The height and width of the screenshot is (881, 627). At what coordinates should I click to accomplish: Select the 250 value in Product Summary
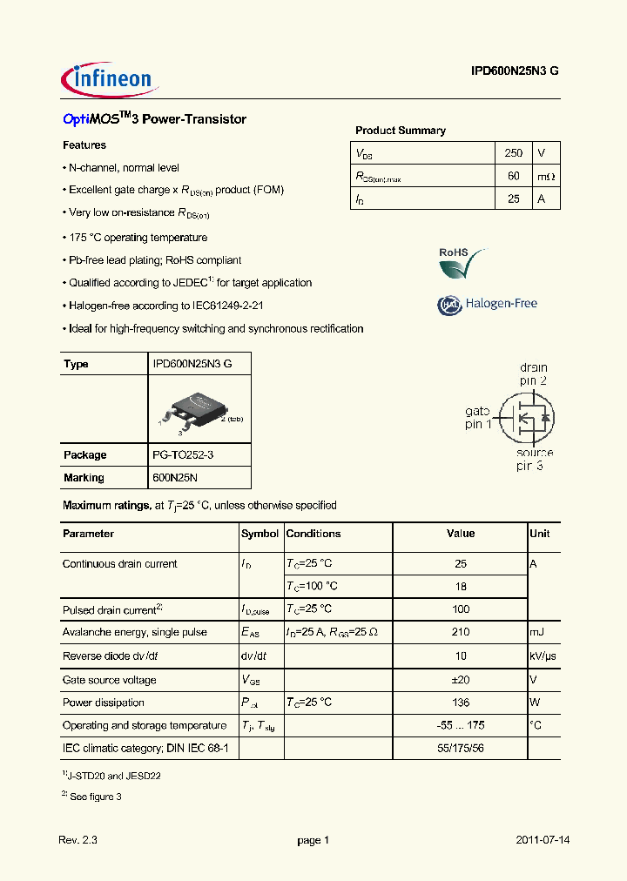tap(513, 152)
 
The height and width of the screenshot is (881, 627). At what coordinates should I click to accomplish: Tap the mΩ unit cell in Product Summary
tap(545, 176)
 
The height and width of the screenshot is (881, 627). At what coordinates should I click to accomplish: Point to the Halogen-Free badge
tap(487, 304)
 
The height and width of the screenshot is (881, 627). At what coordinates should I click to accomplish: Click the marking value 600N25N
tap(176, 477)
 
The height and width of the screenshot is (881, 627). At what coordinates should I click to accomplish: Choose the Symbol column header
tap(260, 534)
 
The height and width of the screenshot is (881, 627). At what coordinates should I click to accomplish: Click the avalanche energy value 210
tap(461, 632)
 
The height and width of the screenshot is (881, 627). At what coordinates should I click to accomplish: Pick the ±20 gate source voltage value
tap(461, 680)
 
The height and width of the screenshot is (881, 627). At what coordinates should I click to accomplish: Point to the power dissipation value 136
tap(461, 703)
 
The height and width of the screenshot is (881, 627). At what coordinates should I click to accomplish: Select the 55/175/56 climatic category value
tap(461, 748)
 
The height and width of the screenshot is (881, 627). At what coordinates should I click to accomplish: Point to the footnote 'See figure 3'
tap(96, 796)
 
